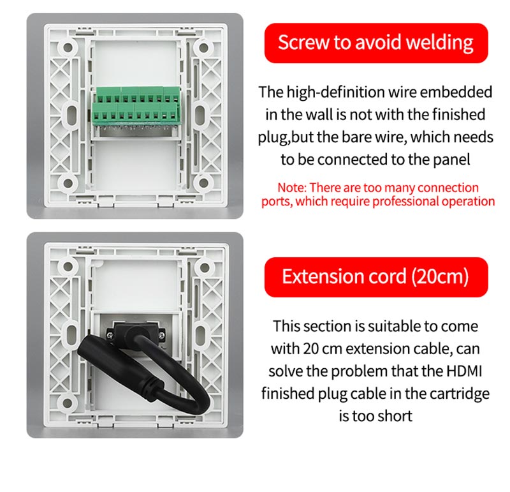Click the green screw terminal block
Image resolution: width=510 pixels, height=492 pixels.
tap(136, 106)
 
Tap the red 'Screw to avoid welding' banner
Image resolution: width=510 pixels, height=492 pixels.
tap(376, 43)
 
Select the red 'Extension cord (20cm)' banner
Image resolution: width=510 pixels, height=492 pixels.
tap(376, 277)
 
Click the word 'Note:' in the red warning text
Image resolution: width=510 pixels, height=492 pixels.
tap(292, 188)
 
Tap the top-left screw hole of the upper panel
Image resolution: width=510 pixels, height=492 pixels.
tap(68, 47)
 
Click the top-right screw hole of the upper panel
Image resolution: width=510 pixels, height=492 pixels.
tap(203, 48)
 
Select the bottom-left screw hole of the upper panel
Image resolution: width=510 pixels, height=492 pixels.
tap(68, 183)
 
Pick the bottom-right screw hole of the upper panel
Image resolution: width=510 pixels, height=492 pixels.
tap(203, 183)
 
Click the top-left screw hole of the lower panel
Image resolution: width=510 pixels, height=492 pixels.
tap(68, 267)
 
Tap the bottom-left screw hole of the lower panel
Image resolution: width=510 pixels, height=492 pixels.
tap(68, 403)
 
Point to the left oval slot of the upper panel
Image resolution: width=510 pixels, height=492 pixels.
tap(71, 115)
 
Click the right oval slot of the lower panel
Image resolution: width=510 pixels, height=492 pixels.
tap(201, 335)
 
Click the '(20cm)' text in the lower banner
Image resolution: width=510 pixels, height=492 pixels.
tap(440, 277)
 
